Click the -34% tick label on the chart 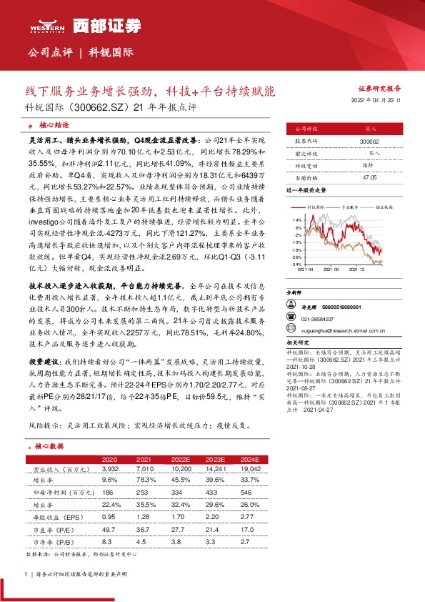pyautogui.click(x=297, y=264)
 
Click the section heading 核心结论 pyautogui.click(x=44, y=123)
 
